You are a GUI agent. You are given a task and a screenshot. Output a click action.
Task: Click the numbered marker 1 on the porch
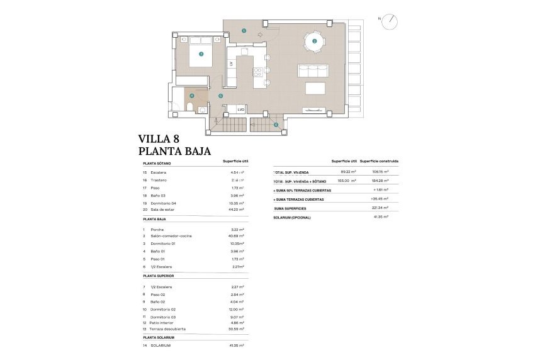coord(244,30)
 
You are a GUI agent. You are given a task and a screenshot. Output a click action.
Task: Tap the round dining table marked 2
coord(314,42)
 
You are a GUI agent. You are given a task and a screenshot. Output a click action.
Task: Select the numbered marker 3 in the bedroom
coord(201,54)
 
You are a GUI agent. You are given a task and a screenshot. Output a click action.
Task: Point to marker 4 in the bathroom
coord(191,96)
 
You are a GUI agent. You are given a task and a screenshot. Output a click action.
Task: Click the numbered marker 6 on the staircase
coord(276,125)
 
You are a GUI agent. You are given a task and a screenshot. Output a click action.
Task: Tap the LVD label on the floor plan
coord(240,110)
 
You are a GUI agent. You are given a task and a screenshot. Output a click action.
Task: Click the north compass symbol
coord(391,20)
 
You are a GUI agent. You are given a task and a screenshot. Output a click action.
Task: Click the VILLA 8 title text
coord(163,139)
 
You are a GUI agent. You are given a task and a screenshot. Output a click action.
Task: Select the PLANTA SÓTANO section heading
coord(157,163)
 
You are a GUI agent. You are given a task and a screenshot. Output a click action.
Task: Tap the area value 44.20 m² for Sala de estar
coord(236,210)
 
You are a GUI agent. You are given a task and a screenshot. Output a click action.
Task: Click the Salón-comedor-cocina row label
coord(167,236)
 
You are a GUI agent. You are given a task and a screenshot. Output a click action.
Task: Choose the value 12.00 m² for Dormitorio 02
coord(236,310)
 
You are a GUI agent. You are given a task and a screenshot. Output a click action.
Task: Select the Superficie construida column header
coord(379,161)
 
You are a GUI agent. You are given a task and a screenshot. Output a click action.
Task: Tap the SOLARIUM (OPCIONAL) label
coord(292,218)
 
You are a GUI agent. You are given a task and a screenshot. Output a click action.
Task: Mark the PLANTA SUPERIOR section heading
coord(158,276)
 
